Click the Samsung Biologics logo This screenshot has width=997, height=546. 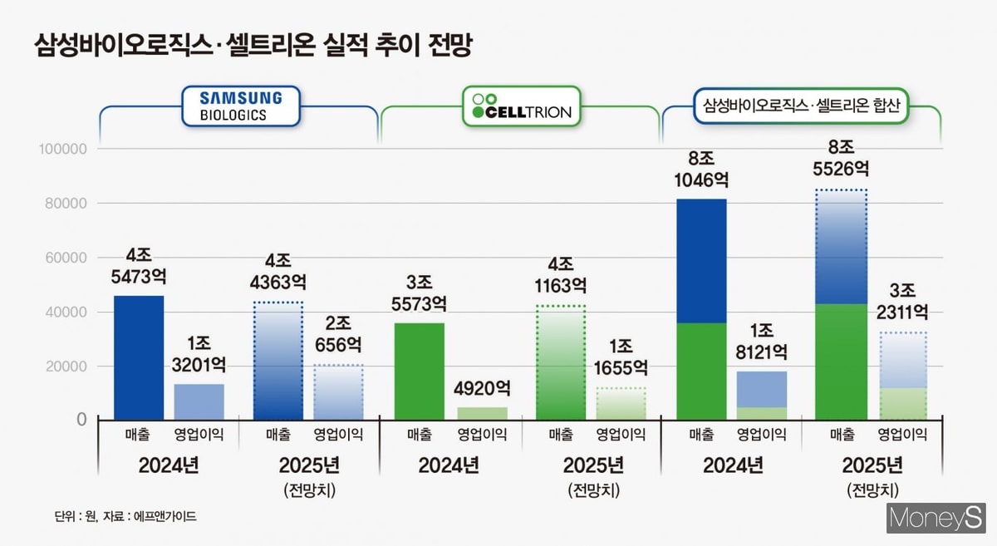[240, 106]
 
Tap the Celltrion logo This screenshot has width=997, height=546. [522, 106]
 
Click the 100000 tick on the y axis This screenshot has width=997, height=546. [64, 150]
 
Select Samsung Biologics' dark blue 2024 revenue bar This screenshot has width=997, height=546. [139, 357]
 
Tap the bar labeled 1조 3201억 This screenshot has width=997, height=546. [199, 401]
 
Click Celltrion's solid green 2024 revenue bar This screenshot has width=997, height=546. [419, 371]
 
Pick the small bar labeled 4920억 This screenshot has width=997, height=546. [483, 412]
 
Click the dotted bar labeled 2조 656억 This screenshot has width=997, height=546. [337, 392]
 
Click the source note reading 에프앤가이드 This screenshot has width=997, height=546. [125, 517]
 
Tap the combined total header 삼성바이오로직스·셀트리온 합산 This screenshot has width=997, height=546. [801, 106]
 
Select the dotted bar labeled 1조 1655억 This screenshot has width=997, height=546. [621, 403]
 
